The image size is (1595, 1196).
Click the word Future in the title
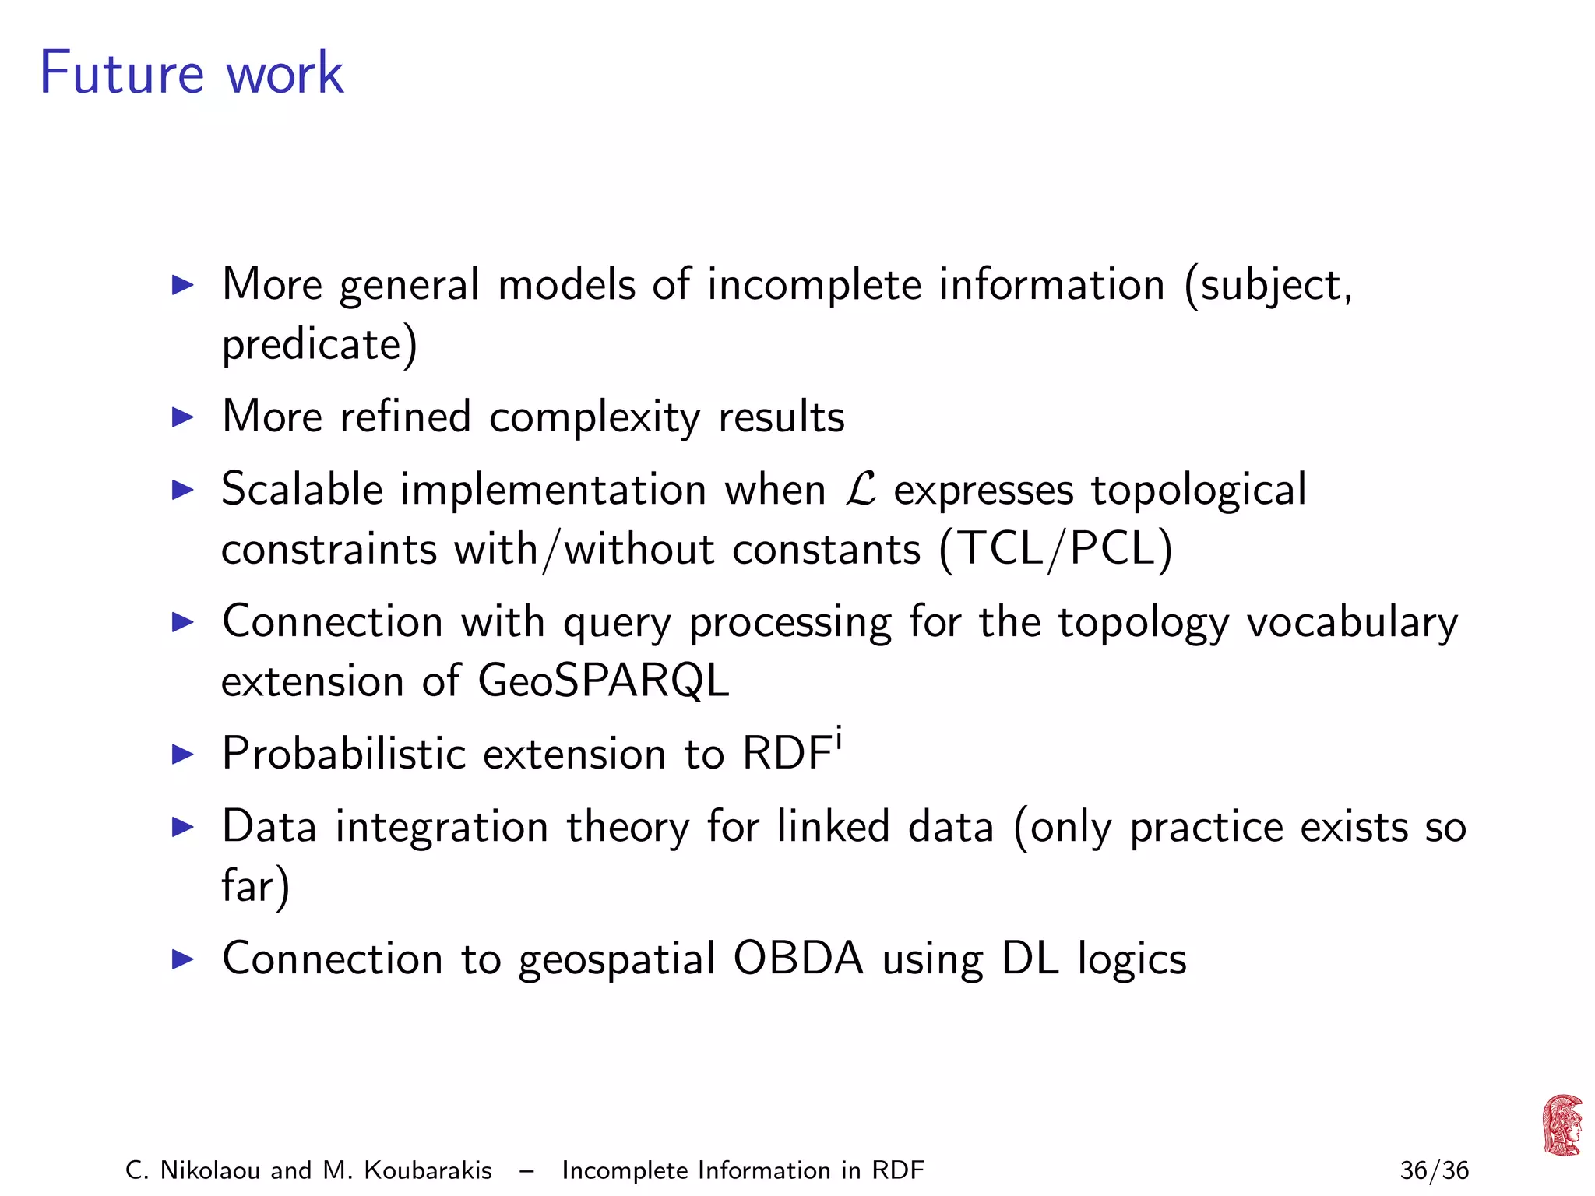click(121, 73)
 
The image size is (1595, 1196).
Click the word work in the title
click(284, 73)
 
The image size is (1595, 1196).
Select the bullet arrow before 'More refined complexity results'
click(182, 417)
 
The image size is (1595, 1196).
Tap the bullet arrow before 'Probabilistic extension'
click(182, 754)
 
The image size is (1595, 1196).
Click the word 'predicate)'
click(319, 344)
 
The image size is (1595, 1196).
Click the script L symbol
click(860, 490)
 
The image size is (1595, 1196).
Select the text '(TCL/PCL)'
click(1055, 550)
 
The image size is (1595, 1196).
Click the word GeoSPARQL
click(603, 681)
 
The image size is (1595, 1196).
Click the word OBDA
click(798, 959)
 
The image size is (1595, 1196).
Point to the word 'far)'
click(255, 886)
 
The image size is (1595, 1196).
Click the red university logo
click(1562, 1124)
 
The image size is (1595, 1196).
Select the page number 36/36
click(1434, 1170)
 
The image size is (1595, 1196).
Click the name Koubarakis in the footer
click(428, 1170)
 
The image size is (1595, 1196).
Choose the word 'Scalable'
click(302, 490)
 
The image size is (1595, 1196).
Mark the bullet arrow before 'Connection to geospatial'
click(182, 959)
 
